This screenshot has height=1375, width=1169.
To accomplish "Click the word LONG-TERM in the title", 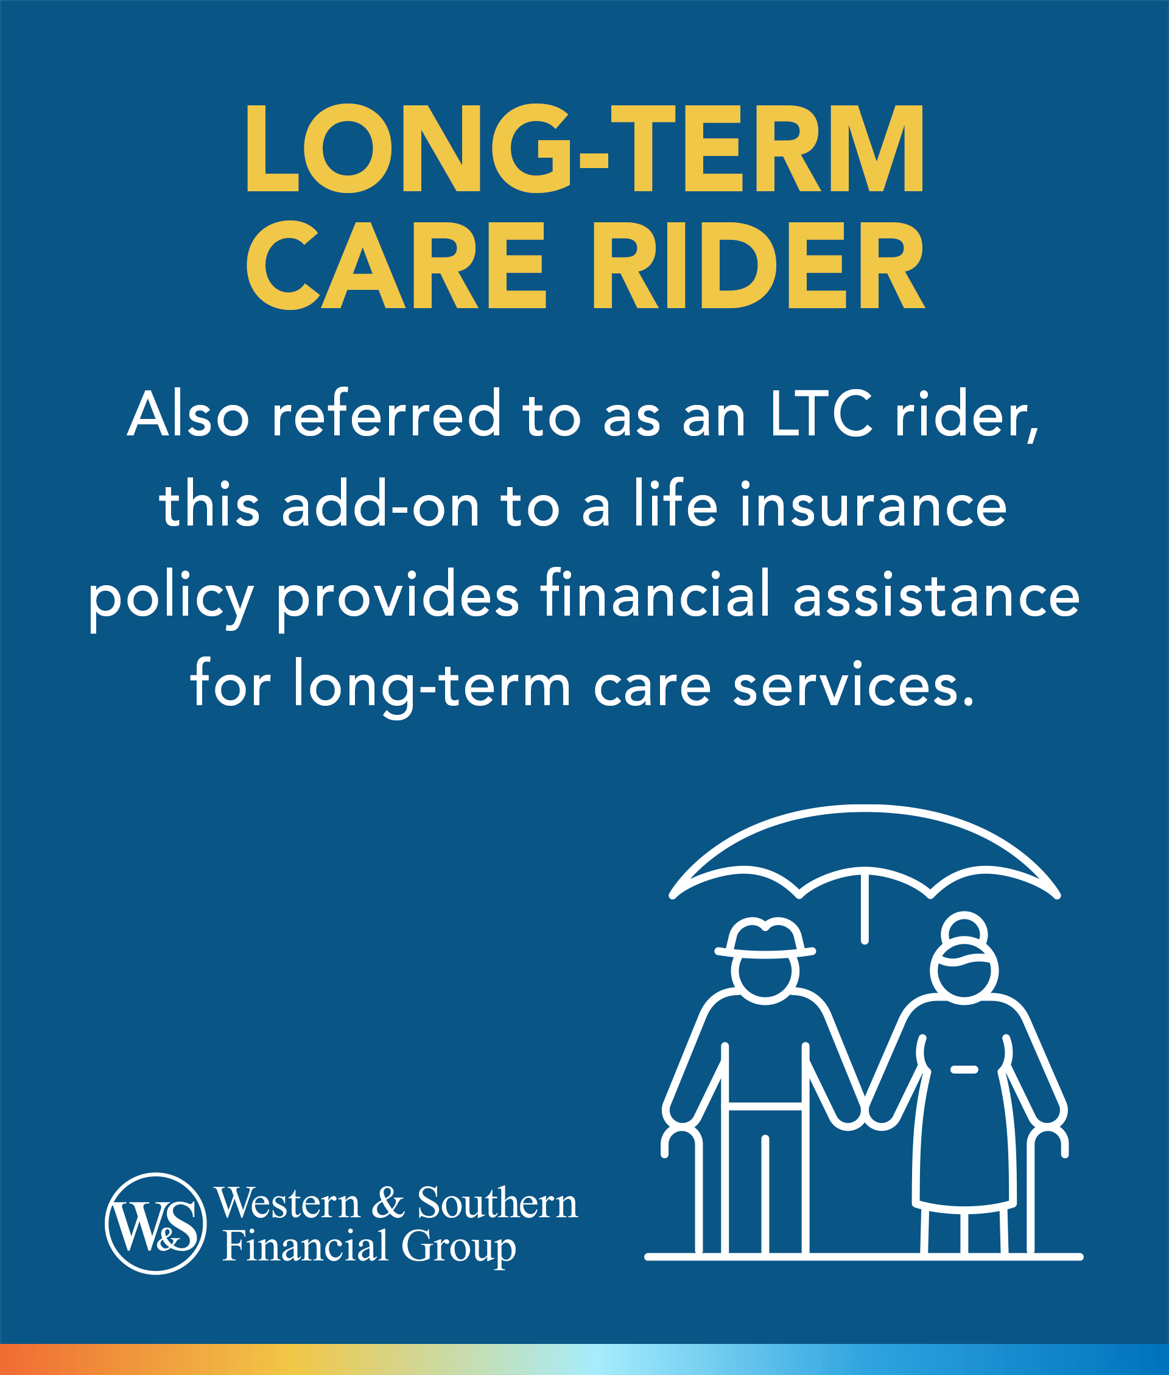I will (584, 149).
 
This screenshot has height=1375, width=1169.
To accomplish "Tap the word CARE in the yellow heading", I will (396, 266).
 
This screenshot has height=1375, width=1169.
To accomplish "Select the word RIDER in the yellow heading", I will (759, 266).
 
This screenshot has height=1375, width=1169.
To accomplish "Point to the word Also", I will (188, 415).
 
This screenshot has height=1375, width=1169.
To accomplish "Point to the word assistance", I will (936, 596).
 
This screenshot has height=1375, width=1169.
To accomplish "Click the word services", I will (854, 686).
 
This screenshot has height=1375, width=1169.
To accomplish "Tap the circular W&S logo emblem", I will (156, 1223).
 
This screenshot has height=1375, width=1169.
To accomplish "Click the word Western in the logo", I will (287, 1202).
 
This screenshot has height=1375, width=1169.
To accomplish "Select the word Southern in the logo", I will (497, 1202).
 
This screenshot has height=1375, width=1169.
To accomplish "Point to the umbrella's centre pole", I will (864, 908).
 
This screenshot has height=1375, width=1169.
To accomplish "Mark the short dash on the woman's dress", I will (964, 1069).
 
